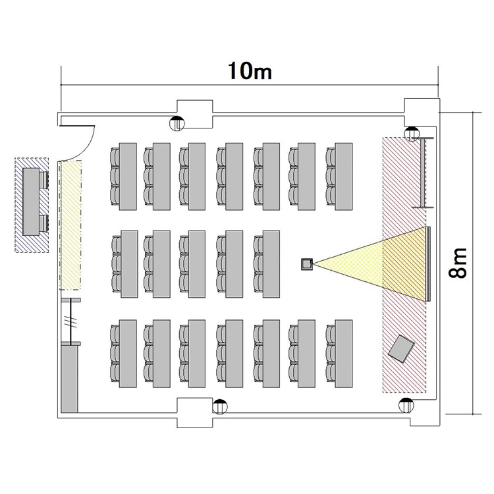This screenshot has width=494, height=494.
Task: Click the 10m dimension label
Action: pyautogui.click(x=250, y=71)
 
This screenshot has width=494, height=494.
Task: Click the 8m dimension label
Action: pyautogui.click(x=458, y=263)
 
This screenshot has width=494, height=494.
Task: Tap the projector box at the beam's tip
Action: pyautogui.click(x=307, y=264)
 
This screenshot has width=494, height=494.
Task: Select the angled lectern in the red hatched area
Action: pyautogui.click(x=401, y=348)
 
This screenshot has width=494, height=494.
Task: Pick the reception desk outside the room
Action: pyautogui.click(x=31, y=202)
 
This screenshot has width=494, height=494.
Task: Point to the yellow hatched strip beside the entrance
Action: pyautogui.click(x=70, y=225)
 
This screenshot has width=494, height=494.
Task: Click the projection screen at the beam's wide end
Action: pyautogui.click(x=428, y=264)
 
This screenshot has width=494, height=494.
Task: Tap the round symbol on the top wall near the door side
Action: pyautogui.click(x=177, y=123)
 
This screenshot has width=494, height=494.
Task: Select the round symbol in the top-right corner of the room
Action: pyautogui.click(x=412, y=134)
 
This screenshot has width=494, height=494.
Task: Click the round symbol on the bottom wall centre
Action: pyautogui.click(x=220, y=406)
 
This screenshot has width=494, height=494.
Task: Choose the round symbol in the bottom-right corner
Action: pyautogui.click(x=406, y=405)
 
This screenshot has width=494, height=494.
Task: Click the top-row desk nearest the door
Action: pyautogui.click(x=128, y=177)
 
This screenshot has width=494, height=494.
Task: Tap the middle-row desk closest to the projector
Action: pyautogui.click(x=271, y=264)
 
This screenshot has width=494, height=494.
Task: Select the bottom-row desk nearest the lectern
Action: pyautogui.click(x=344, y=354)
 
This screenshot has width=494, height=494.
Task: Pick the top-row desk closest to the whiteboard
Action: pyautogui.click(x=344, y=177)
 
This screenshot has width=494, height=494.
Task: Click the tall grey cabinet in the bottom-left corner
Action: pyautogui.click(x=69, y=379)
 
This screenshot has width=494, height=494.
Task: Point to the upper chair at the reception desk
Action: pyautogui.click(x=43, y=180)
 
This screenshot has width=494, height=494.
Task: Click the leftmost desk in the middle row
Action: pyautogui.click(x=130, y=264)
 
